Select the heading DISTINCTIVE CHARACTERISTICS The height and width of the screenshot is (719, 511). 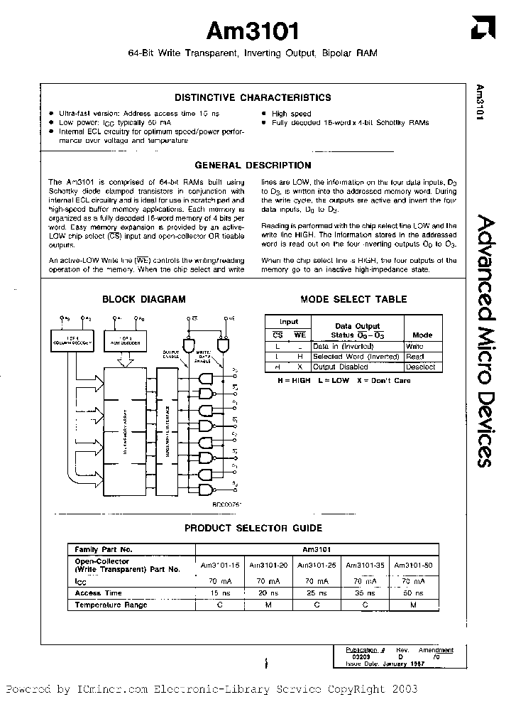tap(253, 97)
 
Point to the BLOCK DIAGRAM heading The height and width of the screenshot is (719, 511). tap(144, 299)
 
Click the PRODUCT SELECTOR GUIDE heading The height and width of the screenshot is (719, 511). tap(253, 528)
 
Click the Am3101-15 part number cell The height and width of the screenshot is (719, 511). tap(221, 566)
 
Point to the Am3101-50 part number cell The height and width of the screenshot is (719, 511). tap(413, 566)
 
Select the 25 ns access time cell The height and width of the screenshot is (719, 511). tap(317, 593)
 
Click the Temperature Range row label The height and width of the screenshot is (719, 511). tap(111, 605)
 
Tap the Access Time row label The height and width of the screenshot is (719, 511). tap(99, 593)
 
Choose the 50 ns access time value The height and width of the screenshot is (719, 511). tap(413, 593)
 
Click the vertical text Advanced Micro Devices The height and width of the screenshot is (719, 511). tap(481, 341)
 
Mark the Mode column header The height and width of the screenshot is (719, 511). tap(423, 334)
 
